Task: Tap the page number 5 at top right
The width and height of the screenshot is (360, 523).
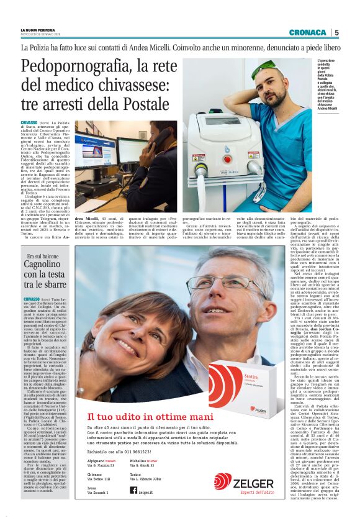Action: [336, 32]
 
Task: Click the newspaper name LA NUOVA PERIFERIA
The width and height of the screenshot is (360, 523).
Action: [38, 30]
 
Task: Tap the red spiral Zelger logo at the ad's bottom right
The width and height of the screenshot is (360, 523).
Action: [222, 482]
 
